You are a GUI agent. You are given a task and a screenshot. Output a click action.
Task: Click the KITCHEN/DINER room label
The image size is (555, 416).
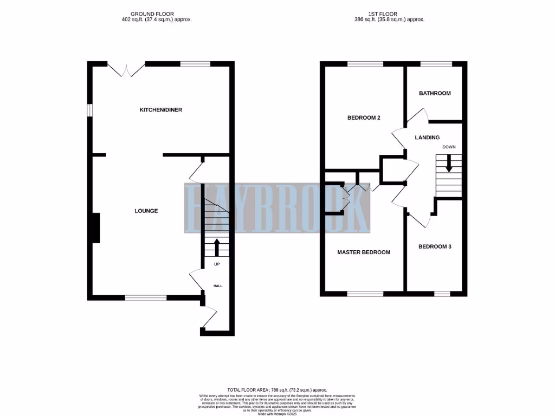[161, 109]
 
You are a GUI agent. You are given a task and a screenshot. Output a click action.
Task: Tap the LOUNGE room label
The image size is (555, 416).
[146, 211]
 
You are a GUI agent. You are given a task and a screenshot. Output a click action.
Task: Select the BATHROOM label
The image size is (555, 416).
[435, 93]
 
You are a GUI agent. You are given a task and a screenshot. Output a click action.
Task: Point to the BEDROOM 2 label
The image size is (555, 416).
[363, 118]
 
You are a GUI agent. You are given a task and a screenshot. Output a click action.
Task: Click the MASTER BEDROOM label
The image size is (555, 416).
[364, 252]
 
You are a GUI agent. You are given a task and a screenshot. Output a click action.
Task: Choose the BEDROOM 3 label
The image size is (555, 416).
[435, 246]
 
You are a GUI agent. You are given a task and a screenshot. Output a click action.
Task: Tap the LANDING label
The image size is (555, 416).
[427, 138]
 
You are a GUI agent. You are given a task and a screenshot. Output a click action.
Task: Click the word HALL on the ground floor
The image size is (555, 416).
[217, 285]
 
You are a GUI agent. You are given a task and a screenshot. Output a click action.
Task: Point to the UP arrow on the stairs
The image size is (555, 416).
[217, 247]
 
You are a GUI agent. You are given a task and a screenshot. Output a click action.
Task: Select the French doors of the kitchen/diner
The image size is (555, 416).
[126, 69]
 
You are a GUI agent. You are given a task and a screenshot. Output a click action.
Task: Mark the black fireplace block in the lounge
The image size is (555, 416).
[96, 228]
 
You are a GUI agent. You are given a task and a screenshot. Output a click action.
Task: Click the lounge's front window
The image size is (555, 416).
[146, 297]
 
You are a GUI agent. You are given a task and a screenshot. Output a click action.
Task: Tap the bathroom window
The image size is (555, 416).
[436, 64]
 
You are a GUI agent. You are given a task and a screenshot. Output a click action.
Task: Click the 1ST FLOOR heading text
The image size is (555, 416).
[386, 14]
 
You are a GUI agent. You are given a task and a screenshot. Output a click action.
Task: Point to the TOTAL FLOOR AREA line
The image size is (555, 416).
[277, 389]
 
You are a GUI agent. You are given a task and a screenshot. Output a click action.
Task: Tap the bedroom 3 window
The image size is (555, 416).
[442, 294]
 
